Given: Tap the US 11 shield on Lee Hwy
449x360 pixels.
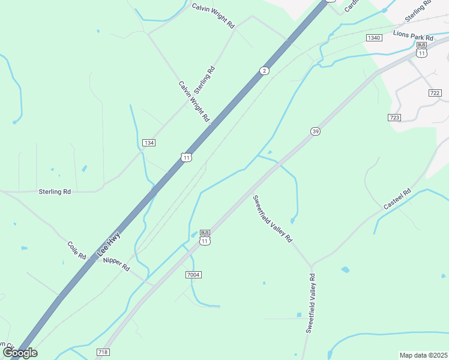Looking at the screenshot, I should coord(186,157).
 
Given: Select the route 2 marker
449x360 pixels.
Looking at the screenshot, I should coord(264,71).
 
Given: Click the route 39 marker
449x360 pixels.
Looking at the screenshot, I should coord(315,131).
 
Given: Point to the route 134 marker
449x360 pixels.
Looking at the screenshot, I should coord(149,142).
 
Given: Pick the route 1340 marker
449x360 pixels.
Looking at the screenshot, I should coord(373,38).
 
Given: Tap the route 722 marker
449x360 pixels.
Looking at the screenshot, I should coord(435,93).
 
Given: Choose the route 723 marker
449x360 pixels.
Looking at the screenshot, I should coord(394,118).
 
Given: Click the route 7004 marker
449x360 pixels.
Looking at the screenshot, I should coord(193,274).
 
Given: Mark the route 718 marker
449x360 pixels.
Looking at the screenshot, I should coord(102,352).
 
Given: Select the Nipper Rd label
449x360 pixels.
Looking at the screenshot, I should coord(116,264).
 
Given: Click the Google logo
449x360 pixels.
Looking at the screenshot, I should coord(19,353).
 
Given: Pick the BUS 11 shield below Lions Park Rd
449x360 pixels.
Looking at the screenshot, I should coord(422,50).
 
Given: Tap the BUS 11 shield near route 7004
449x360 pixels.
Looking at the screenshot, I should coord(205,238).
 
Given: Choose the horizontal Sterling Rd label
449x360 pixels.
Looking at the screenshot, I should coord(55,192).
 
